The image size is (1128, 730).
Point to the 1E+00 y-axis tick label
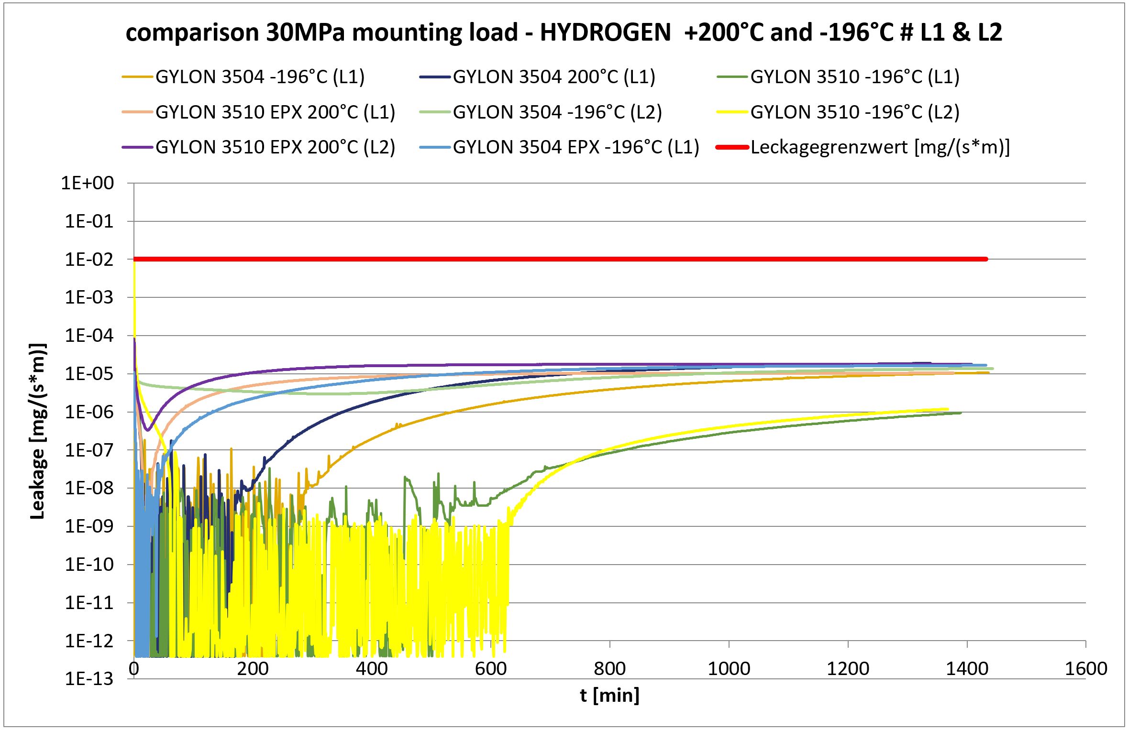click(88, 183)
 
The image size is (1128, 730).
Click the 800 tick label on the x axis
click(609, 668)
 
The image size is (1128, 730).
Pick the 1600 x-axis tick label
click(1086, 668)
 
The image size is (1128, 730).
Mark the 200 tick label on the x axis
click(253, 668)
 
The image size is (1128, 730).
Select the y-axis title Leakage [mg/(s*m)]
click(38, 431)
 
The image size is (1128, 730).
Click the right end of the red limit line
click(986, 259)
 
